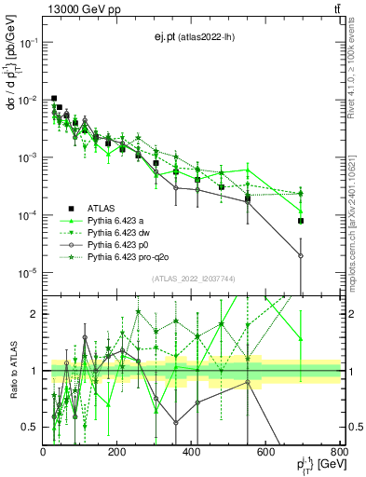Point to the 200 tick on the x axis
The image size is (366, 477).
click(117, 454)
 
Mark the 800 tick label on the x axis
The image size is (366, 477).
click(340, 454)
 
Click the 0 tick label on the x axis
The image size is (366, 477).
click(43, 454)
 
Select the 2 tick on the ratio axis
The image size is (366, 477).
click(34, 314)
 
